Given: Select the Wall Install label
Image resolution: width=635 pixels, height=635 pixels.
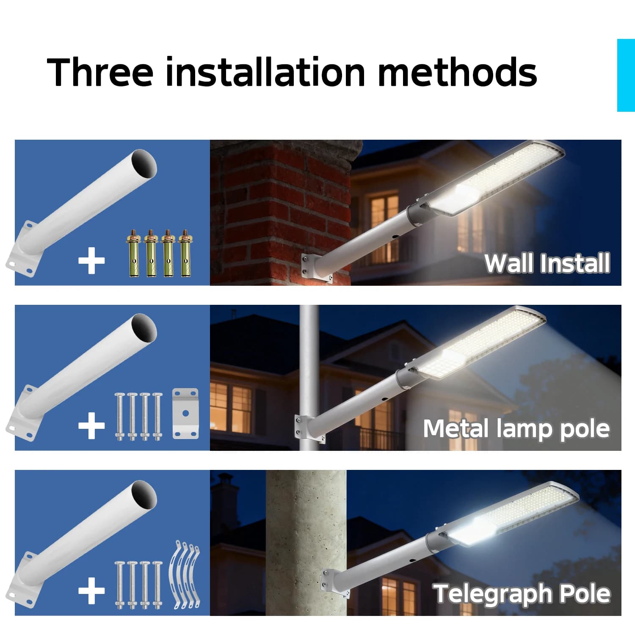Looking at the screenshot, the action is point(547,263).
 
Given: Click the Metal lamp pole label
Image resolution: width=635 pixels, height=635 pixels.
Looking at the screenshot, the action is point(516,428).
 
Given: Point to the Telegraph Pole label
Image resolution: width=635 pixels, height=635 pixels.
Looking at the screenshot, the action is point(522,594).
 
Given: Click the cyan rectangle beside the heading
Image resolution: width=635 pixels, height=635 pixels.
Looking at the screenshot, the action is point(626,75).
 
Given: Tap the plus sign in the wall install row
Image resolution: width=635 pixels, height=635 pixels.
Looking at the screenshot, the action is point(91,260).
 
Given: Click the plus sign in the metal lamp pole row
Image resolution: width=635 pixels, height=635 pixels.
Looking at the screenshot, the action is point(91,425).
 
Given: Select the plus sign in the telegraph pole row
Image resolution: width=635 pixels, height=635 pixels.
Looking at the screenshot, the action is point(91,591).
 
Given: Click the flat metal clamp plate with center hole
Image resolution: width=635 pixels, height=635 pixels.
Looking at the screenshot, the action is point(185,413).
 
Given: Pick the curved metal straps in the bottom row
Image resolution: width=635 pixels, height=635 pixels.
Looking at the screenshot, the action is point(185,575).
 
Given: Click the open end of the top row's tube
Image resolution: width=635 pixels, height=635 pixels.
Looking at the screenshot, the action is point(143,163).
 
